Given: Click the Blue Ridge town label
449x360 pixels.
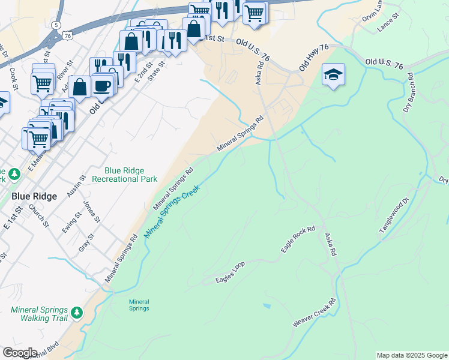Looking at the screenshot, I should click(34, 196).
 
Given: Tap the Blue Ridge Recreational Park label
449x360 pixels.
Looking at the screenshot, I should click(131, 175).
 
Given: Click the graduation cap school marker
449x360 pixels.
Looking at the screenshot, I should click(333, 75).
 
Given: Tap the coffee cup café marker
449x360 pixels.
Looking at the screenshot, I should click(102, 86).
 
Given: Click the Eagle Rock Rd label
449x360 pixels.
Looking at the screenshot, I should click(298, 239).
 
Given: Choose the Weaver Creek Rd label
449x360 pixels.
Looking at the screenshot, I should click(314, 313).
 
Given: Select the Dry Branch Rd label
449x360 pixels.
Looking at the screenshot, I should click(409, 94).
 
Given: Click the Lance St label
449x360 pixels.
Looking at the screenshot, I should click(388, 25).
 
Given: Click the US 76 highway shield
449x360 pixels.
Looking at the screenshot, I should click(67, 36).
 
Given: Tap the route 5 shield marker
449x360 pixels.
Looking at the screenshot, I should click(56, 25).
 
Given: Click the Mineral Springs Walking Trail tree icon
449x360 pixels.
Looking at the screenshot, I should click(76, 313).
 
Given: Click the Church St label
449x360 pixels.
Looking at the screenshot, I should click(41, 217).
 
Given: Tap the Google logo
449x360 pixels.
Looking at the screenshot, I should click(19, 353).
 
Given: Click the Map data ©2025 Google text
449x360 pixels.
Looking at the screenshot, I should click(411, 355).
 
